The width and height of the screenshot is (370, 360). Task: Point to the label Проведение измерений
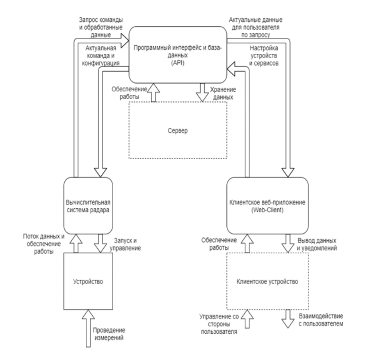point(114,334)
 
